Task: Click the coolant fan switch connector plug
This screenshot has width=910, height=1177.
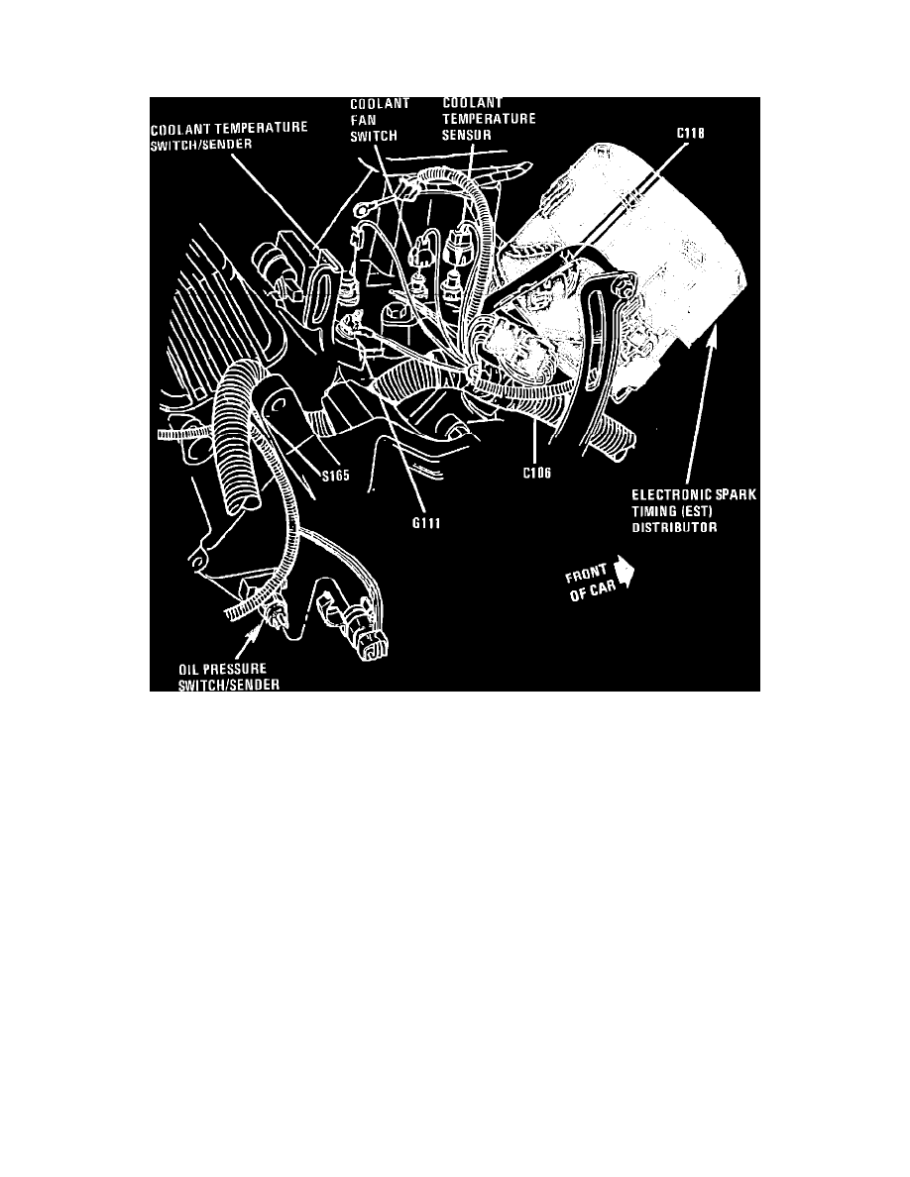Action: (421, 254)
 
